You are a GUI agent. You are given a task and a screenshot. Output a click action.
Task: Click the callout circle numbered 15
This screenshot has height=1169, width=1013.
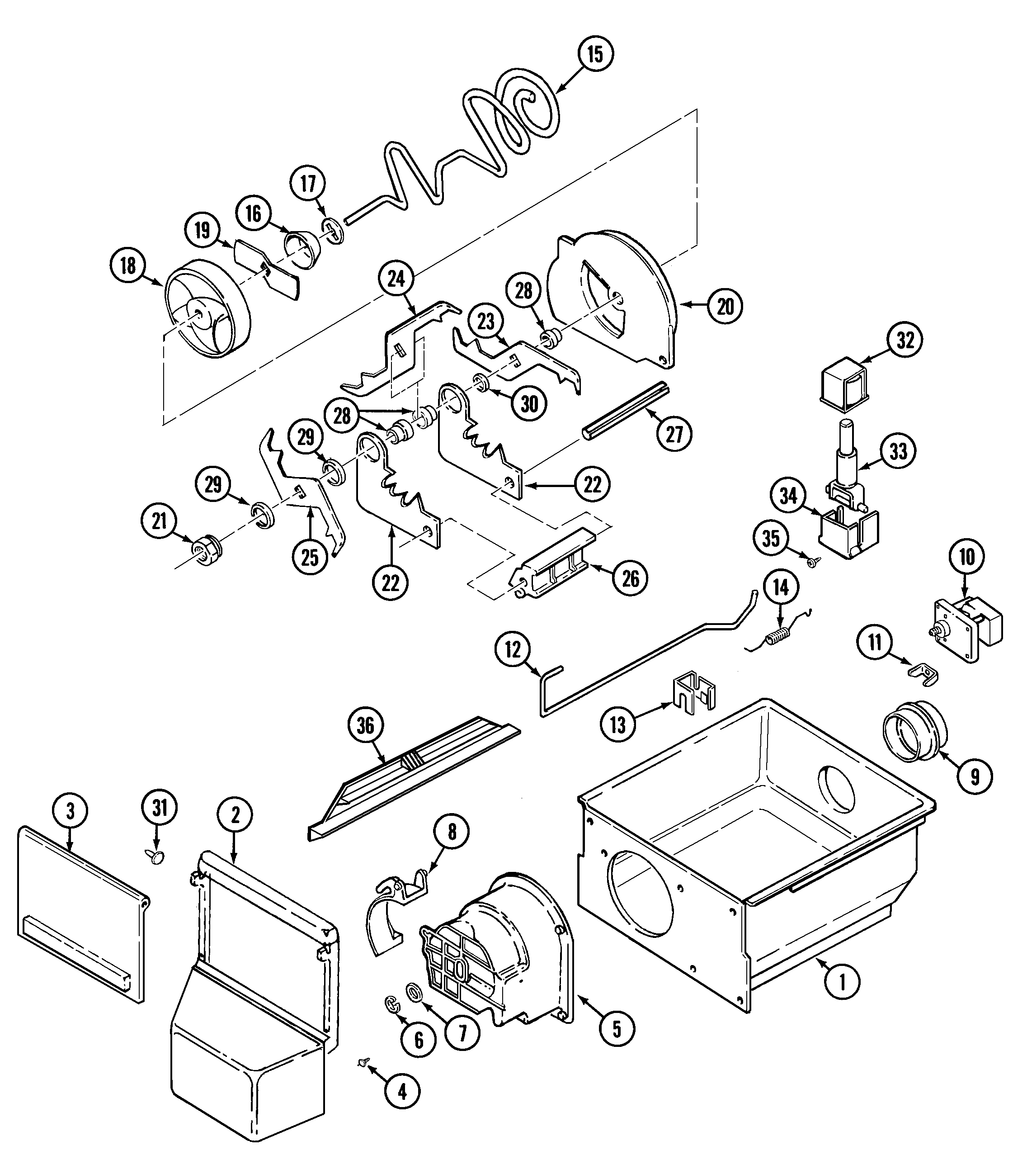click(x=595, y=54)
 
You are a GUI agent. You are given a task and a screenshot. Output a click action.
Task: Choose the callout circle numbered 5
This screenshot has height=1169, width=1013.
click(x=617, y=1029)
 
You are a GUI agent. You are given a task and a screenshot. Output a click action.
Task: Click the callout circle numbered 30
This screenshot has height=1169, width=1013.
click(x=529, y=404)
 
